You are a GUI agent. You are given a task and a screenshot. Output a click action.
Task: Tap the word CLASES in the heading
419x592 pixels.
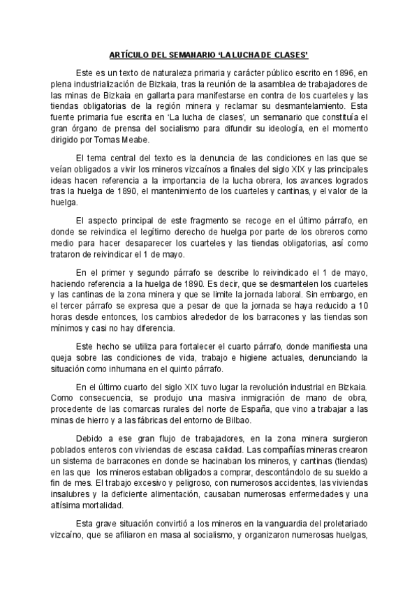(288, 54)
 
